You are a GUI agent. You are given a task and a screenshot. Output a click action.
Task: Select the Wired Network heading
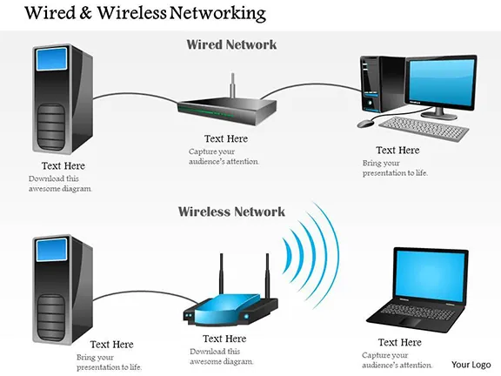[232, 44]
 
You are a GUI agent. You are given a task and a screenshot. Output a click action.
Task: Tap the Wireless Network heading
[231, 211]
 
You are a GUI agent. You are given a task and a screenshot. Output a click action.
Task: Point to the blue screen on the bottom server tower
[52, 251]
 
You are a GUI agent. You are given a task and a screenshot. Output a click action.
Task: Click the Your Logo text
[471, 364]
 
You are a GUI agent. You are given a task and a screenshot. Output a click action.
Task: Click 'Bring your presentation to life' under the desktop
[396, 167]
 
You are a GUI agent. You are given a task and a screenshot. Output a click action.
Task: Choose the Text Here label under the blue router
[224, 339]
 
